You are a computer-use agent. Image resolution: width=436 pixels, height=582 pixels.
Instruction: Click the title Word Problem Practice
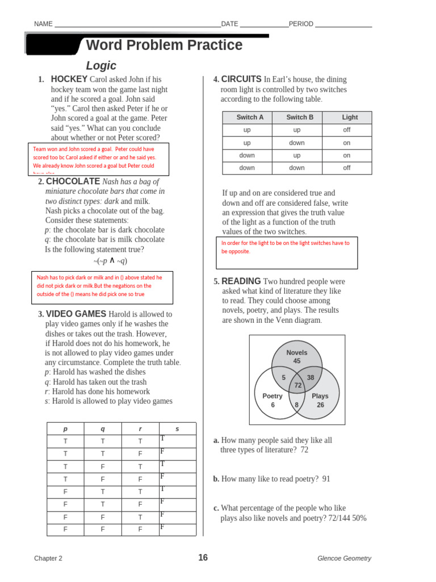(164, 45)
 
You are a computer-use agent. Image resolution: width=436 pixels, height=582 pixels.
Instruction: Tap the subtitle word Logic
(101, 66)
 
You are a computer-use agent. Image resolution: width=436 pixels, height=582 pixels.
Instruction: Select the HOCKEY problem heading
(69, 80)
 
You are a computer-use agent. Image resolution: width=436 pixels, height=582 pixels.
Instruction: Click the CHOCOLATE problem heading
(73, 181)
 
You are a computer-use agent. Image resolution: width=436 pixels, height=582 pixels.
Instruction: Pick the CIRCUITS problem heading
(241, 80)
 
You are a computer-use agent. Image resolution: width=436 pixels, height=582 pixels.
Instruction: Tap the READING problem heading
(241, 281)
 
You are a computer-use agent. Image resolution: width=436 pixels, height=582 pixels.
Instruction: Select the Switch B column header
(300, 118)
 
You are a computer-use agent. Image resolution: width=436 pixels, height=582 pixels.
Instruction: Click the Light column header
(350, 118)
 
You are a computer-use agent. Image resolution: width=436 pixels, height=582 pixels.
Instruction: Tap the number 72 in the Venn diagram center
(297, 385)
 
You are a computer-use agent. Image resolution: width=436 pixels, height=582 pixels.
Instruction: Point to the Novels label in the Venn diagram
(296, 352)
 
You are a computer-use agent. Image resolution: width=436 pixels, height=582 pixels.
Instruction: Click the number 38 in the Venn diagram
(311, 377)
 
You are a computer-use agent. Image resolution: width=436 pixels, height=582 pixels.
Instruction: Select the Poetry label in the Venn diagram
(272, 396)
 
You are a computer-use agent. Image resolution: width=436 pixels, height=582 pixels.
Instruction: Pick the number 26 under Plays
(320, 405)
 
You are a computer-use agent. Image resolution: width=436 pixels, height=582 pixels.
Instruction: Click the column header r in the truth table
(140, 429)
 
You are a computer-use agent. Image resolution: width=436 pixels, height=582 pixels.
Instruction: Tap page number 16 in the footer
(203, 558)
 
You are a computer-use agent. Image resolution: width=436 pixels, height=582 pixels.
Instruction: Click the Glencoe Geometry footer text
(344, 558)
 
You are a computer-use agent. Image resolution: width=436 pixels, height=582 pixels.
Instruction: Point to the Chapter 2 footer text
(48, 558)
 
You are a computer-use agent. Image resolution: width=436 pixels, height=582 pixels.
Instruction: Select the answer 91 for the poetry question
(326, 479)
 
